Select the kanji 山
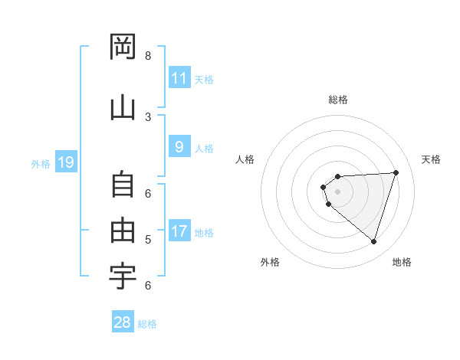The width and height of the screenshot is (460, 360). tap(123, 107)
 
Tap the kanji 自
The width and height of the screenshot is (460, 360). tap(123, 186)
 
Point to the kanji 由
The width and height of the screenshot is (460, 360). tap(123, 230)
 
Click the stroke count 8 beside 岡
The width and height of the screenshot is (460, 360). tap(148, 56)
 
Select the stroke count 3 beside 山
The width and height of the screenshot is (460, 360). tap(148, 116)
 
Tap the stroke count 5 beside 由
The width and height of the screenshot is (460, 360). tap(148, 240)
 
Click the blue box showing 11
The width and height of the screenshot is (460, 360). tap(179, 78)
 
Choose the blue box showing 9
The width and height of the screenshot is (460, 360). tap(179, 148)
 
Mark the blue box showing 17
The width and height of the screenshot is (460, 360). tap(179, 231)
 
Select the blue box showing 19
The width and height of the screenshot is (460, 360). tap(66, 162)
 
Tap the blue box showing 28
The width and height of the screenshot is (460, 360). tap(122, 322)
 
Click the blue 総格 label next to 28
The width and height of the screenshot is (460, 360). tap(147, 324)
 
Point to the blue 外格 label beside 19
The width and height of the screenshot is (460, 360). tap(41, 163)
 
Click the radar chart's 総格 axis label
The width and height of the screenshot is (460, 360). tap(337, 100)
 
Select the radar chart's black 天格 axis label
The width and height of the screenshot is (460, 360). tap(432, 159)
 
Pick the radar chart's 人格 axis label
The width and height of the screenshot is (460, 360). tap(245, 159)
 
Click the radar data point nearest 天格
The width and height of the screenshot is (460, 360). tap(396, 172)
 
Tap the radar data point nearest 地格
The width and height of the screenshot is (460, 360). tap(373, 241)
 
